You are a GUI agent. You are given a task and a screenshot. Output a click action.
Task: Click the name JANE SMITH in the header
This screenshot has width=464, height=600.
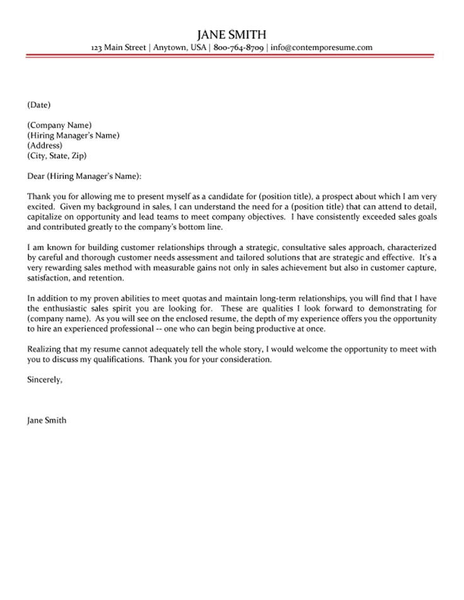(x=231, y=34)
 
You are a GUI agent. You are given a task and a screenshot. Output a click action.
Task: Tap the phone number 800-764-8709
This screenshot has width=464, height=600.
(x=238, y=47)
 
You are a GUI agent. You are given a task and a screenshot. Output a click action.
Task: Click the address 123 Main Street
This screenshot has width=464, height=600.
(x=119, y=47)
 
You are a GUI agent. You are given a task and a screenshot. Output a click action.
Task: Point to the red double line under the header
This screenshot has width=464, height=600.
(x=231, y=57)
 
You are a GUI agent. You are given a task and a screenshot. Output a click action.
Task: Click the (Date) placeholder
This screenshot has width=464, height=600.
(x=39, y=104)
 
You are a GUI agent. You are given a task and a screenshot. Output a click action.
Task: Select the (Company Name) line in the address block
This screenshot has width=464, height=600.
(x=60, y=125)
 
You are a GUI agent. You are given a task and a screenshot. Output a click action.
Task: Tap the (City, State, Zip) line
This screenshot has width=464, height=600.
(x=57, y=155)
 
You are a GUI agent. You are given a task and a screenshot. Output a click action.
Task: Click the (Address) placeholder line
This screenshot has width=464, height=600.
(x=45, y=145)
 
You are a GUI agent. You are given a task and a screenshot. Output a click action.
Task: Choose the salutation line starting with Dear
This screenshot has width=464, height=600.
(x=85, y=175)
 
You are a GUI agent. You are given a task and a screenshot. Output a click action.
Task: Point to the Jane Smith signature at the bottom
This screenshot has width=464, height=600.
(x=47, y=420)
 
